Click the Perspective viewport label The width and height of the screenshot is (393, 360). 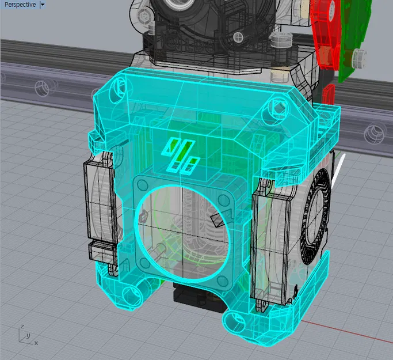click(20, 5)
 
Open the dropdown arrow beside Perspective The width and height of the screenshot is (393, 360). click(42, 5)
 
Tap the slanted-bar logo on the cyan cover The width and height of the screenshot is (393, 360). click(181, 155)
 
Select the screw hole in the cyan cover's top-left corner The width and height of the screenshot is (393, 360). click(121, 86)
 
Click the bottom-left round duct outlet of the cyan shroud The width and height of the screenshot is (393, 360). click(133, 294)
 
